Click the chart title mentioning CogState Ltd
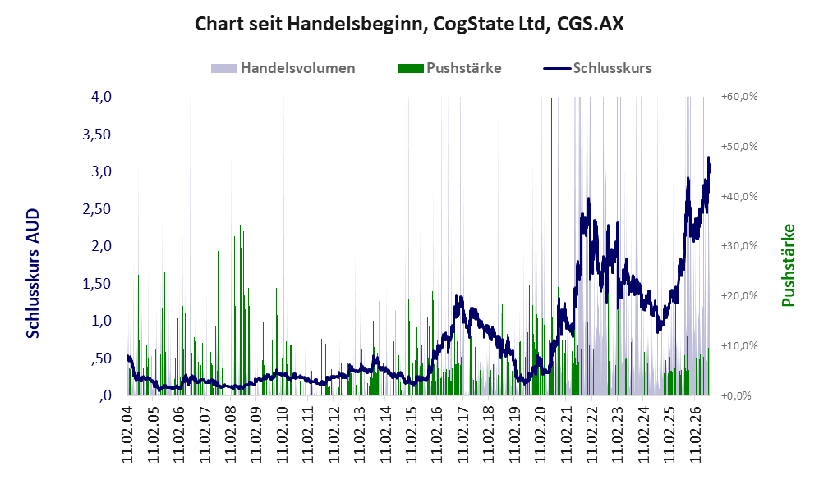point(409,24)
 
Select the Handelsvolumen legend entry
point(283,68)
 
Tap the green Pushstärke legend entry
point(449,68)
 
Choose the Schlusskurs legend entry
point(597,68)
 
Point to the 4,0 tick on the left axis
point(101,97)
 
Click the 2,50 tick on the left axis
point(97,208)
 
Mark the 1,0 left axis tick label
point(101,320)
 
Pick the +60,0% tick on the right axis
point(739,97)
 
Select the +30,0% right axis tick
point(739,245)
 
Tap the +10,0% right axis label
point(739,345)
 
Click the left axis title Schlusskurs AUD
point(33,273)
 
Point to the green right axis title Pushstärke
point(788,265)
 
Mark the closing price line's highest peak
point(708,157)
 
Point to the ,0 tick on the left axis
point(105,395)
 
